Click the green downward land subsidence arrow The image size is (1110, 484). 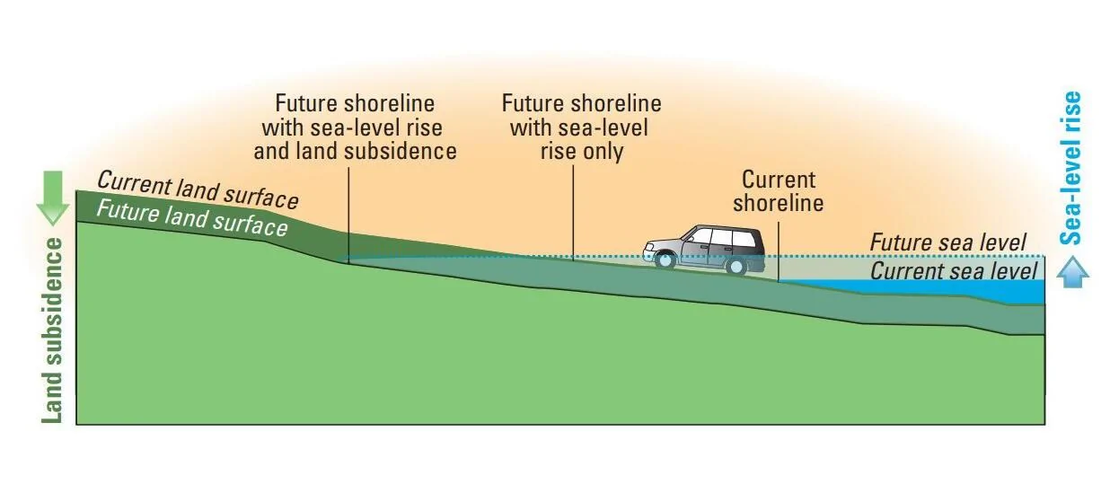coord(52,198)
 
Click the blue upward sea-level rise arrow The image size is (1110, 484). coord(1072,271)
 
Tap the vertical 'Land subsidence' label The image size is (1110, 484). coord(51,330)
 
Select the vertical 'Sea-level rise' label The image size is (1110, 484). coord(1070,168)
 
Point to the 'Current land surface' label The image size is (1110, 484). coord(198,190)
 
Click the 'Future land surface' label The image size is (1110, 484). coord(192,218)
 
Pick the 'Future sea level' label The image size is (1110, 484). coord(948,242)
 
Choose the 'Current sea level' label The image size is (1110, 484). coord(954,271)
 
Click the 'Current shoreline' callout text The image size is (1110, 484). coord(779,191)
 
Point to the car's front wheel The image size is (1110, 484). coord(665,260)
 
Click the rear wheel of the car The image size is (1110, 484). coord(737,266)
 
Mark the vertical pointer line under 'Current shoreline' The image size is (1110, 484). coord(779,251)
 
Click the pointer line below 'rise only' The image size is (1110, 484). coord(573,213)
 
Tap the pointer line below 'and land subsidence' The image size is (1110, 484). coord(348,216)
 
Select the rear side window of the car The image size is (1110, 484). coord(743,239)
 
